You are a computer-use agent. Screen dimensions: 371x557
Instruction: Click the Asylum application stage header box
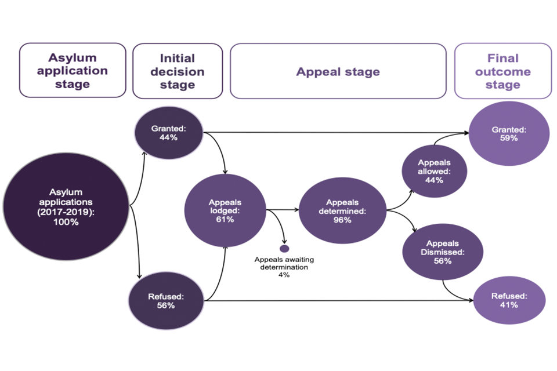[73, 70]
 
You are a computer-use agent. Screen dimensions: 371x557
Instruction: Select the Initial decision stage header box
[177, 71]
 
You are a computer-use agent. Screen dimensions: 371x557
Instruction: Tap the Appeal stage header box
[338, 71]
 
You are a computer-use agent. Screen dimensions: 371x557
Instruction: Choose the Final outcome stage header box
[502, 71]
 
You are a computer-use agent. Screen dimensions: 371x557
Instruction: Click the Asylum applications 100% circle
[66, 206]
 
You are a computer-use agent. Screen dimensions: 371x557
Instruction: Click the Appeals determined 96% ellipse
[342, 210]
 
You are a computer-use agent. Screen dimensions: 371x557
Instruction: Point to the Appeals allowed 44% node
[433, 172]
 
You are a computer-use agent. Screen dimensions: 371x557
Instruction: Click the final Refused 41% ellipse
[509, 300]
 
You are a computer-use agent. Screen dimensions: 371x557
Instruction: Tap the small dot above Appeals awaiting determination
[284, 249]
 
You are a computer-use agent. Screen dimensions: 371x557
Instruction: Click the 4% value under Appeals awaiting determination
[284, 275]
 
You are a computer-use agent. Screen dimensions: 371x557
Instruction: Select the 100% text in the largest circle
[66, 223]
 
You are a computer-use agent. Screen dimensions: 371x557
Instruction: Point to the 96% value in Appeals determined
[342, 220]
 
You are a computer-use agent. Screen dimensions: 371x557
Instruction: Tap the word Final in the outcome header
[503, 59]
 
